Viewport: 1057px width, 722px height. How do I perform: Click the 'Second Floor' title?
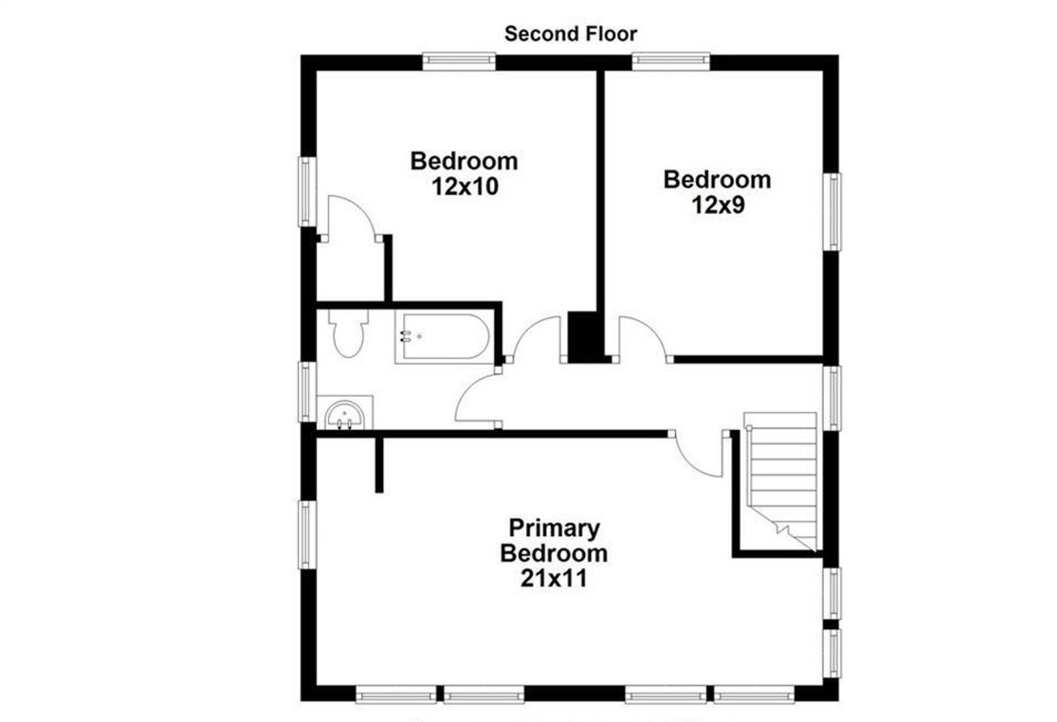coord(570,33)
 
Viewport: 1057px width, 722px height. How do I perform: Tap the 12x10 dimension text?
coord(465,187)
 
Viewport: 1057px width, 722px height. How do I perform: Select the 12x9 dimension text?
coord(717,205)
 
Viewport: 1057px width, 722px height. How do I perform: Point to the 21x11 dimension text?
coord(554,578)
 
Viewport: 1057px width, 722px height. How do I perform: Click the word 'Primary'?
coord(554,528)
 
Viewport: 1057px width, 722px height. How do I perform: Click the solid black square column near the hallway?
coord(580,336)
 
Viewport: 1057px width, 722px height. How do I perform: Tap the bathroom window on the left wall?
coord(307,391)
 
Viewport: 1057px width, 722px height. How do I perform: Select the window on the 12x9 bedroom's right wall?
coord(832,211)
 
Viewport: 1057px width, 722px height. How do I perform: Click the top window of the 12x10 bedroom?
coord(459,62)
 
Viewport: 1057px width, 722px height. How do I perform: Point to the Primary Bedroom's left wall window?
coord(307,535)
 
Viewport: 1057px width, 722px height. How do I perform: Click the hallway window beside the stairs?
coord(832,397)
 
